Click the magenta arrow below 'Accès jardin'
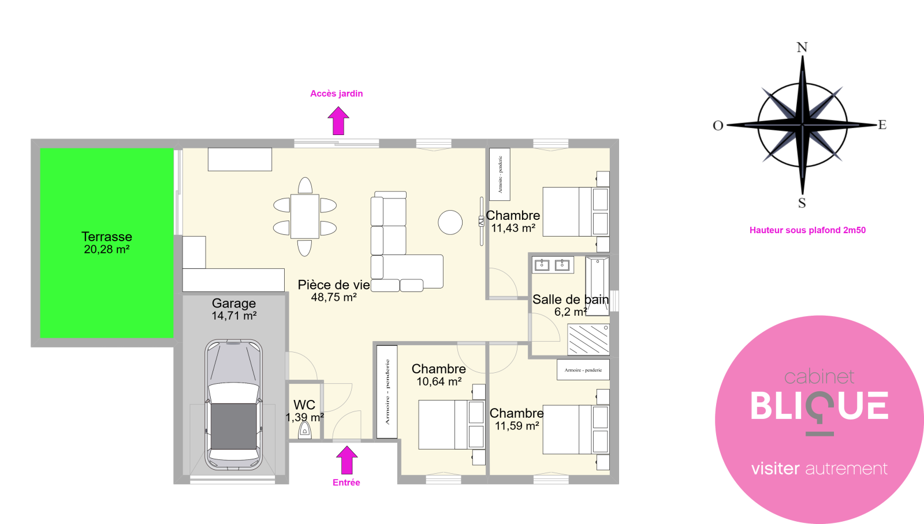pos(338,121)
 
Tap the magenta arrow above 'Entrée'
pos(346,460)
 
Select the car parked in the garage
pos(233,405)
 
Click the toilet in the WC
pos(305,430)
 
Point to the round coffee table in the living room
pos(450,222)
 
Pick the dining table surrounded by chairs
pos(305,216)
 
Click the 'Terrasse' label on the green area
pos(107,237)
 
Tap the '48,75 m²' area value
pos(334,297)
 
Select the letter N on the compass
pos(802,47)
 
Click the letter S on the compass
pos(802,203)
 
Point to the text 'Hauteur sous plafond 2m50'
pos(807,230)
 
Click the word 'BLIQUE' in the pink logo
pos(819,406)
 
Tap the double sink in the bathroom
pos(552,265)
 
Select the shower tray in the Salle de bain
pos(588,339)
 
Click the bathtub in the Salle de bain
pos(597,286)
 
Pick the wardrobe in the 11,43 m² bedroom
pos(500,174)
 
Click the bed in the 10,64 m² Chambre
pos(452,424)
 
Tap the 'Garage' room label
pos(234,303)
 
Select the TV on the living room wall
pos(482,222)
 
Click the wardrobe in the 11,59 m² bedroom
pos(583,370)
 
